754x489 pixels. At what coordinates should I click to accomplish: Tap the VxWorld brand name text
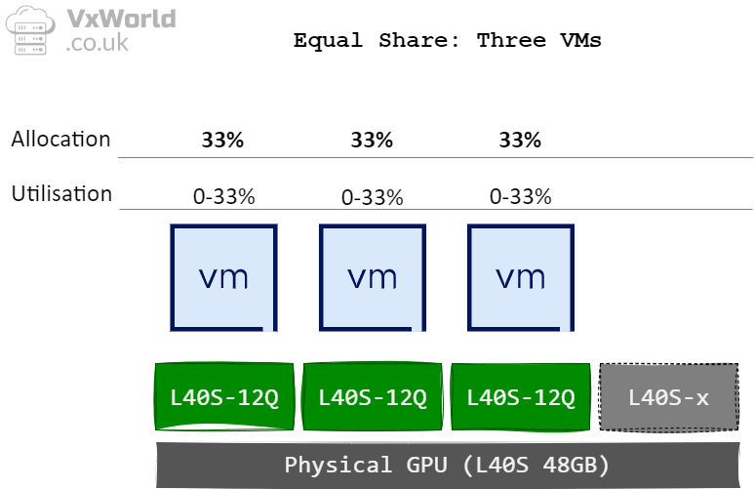120,19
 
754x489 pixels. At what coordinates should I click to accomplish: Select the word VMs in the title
580,40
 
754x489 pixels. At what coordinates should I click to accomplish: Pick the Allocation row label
60,140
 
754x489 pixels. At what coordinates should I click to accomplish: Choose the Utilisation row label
61,193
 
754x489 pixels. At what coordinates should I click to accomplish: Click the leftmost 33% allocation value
222,141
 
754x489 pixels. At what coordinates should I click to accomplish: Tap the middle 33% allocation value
372,141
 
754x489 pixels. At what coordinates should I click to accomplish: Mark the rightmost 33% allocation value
520,141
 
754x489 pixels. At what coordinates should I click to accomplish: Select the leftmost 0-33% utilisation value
223,197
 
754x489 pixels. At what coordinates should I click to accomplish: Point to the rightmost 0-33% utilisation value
520,197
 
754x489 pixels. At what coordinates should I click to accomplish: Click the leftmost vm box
223,277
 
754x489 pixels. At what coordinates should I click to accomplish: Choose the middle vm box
372,277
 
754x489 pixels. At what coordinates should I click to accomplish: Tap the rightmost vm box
520,277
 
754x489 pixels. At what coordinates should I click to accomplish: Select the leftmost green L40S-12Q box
223,397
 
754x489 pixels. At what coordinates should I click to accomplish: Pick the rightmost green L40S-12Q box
520,397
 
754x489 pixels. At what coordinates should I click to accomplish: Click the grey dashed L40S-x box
668,397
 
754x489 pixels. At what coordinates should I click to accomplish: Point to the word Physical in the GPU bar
327,465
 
